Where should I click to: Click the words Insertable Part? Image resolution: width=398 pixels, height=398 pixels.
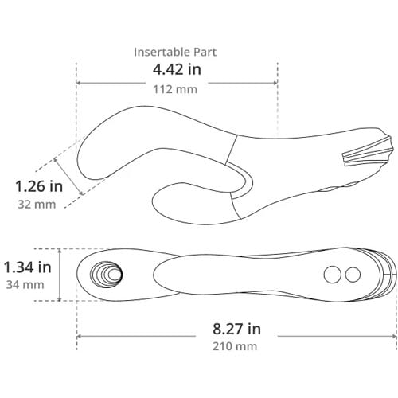point(175,52)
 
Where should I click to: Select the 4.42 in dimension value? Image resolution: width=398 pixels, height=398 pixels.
point(177,69)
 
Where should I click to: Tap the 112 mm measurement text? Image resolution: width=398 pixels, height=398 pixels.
point(175,89)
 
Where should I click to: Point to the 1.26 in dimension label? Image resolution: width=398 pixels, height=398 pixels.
point(39,186)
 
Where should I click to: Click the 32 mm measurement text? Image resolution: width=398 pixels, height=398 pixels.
point(37,205)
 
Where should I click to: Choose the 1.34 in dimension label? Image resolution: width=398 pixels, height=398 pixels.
point(27,267)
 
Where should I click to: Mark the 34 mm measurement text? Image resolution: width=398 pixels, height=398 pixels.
point(25,285)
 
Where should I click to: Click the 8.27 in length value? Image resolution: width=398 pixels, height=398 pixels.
point(236,329)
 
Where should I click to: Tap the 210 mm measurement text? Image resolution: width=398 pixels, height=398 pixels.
point(235,346)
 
